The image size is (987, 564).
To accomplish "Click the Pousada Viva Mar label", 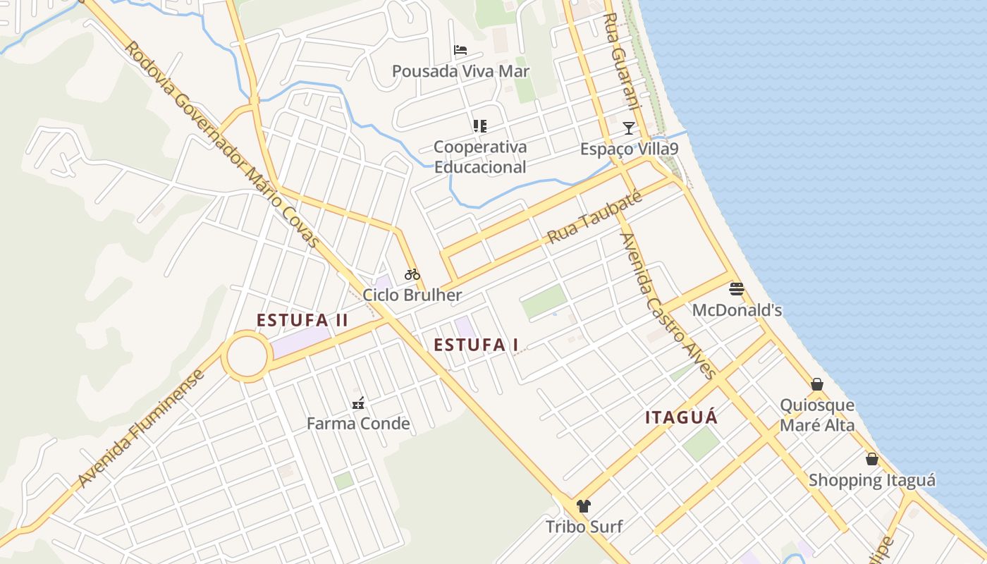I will [x=460, y=71].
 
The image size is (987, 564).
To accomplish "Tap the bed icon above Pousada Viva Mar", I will [x=460, y=50].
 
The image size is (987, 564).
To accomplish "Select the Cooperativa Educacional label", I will [x=479, y=157].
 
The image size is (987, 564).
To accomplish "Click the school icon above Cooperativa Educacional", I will [x=479, y=126].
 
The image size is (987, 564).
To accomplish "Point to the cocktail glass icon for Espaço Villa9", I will [x=628, y=128].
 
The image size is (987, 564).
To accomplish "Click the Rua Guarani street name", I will [x=623, y=60].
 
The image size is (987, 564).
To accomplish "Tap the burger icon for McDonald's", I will [x=737, y=288].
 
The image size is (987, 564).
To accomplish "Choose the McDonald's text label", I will [x=737, y=310].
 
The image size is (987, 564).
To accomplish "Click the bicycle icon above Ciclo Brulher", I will [x=412, y=274].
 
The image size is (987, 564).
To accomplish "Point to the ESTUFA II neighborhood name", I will [x=302, y=320].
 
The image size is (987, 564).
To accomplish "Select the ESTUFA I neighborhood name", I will [x=476, y=345].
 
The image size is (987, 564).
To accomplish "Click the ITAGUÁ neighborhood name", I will [x=681, y=417].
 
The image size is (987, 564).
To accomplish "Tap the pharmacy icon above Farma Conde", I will [x=358, y=403].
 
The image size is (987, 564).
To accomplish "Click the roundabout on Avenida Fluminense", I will [x=247, y=357].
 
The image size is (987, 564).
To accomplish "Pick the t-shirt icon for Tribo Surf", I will [x=584, y=505].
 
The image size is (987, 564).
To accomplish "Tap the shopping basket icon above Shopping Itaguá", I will [x=872, y=459].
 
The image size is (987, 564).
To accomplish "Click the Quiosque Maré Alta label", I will [x=817, y=415].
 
